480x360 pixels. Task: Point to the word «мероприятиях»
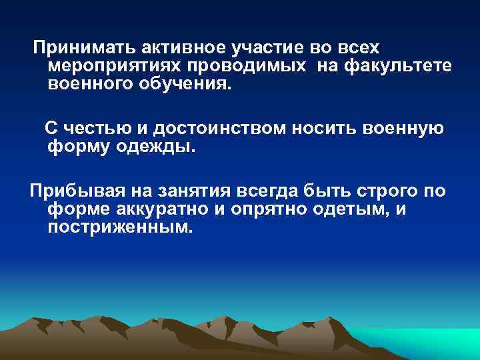(115, 67)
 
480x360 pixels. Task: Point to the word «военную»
(400, 128)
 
